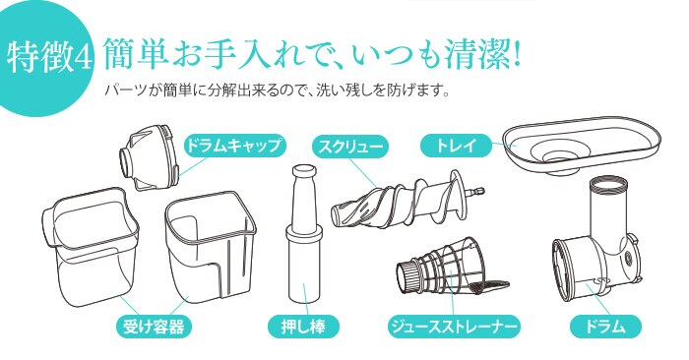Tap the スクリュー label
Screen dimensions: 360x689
pos(348,146)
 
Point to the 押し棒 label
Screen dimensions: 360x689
pos(303,325)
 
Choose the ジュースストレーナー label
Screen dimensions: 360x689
pos(453,325)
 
